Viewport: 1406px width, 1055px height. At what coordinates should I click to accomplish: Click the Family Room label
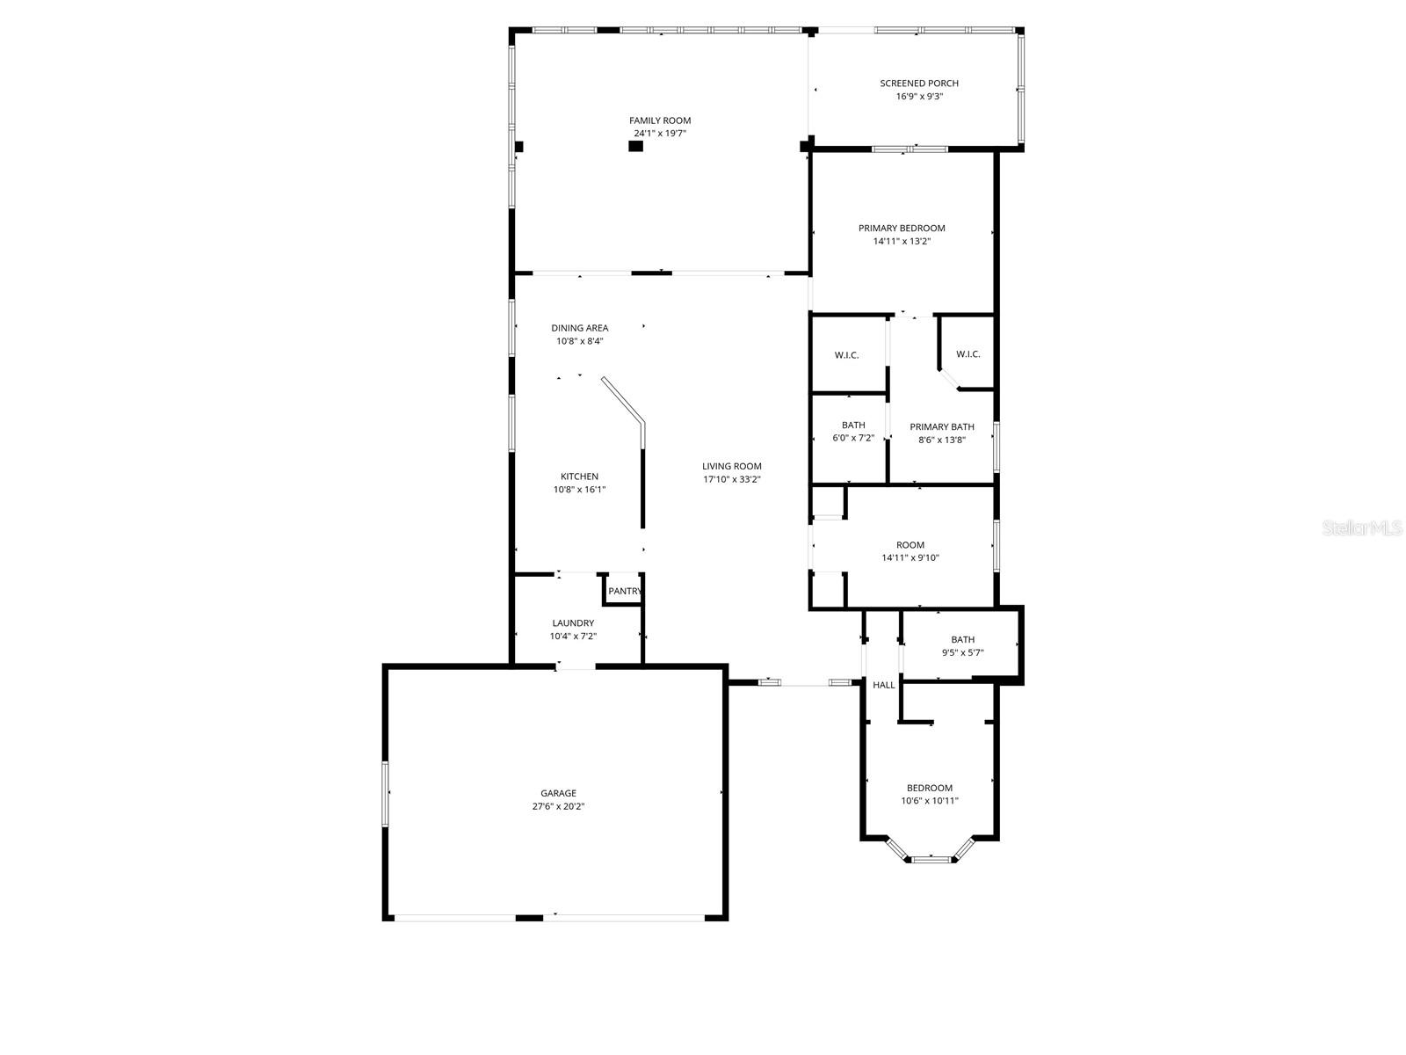coord(659,120)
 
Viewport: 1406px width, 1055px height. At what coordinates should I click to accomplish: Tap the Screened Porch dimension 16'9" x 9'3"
coord(919,97)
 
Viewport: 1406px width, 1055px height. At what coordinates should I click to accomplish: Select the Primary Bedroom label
coord(902,228)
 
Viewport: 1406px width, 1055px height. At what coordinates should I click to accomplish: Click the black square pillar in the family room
coord(635,146)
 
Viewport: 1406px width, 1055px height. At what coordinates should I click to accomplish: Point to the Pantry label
coord(625,592)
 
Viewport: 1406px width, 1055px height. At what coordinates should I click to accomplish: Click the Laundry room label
coord(573,623)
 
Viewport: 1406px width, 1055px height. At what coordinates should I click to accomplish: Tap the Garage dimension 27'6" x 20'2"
coord(558,806)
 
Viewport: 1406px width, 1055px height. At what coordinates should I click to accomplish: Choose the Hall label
coord(884,685)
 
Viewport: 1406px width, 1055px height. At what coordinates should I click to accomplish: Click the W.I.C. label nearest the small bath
coord(846,355)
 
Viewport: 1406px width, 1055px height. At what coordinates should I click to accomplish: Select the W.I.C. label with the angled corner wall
coord(968,354)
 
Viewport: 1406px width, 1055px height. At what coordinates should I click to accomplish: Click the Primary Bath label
coord(941,427)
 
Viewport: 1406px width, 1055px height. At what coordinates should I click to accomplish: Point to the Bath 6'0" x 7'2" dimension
coord(853,438)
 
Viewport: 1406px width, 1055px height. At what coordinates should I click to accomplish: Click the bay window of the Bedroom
coord(931,858)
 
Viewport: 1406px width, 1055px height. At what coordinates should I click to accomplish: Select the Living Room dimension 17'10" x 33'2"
coord(731,480)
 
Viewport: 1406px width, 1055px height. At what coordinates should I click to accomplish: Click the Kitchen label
coord(579,477)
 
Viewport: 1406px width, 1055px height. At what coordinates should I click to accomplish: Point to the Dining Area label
coord(579,328)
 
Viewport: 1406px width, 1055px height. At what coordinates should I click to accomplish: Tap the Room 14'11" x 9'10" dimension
coord(910,557)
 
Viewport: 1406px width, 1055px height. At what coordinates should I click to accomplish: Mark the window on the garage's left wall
coord(385,794)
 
